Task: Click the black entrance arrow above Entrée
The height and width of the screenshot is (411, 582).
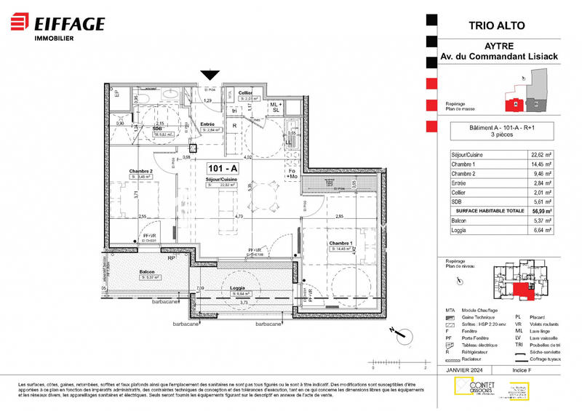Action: point(210,74)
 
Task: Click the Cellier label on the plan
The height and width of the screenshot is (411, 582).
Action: point(245,92)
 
